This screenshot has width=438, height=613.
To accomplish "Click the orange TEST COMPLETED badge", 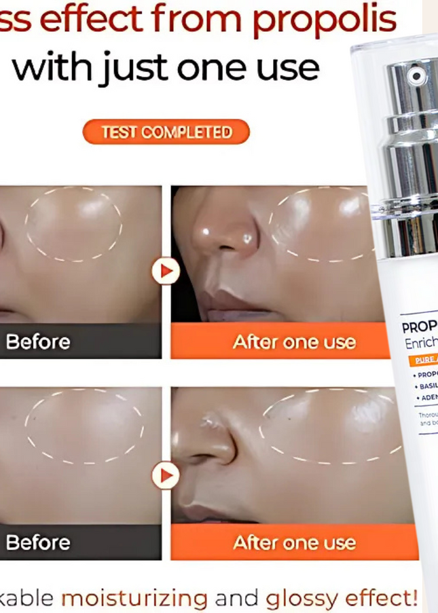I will (x=166, y=132).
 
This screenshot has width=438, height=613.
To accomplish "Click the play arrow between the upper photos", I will (x=165, y=272).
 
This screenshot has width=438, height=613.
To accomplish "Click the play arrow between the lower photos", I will (x=165, y=475).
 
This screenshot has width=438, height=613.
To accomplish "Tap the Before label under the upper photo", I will (x=38, y=341).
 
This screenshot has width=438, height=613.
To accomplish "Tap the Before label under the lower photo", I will (x=38, y=542).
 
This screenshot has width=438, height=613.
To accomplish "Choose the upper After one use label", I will (x=294, y=341).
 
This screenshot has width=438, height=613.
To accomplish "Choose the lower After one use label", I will (x=294, y=542).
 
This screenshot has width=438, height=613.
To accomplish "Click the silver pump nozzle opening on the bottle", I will (x=416, y=77).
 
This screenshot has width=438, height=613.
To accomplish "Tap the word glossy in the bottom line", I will (x=297, y=598).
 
